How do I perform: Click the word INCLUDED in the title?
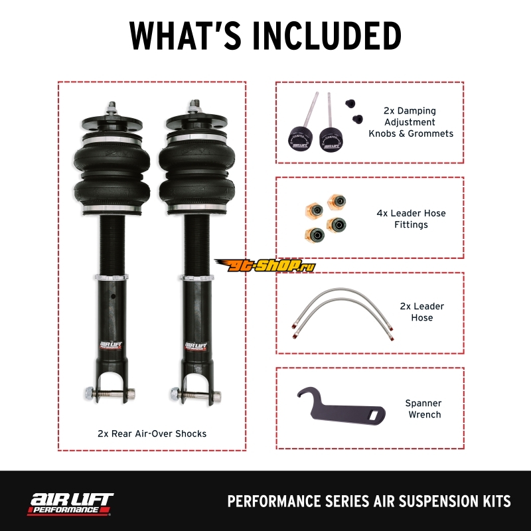(327, 36)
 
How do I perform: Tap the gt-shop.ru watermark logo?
(265, 265)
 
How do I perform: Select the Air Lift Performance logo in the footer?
(70, 504)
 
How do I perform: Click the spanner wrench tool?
(341, 406)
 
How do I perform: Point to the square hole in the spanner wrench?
(374, 415)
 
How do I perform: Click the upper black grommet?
(350, 104)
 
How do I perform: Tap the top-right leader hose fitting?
(337, 202)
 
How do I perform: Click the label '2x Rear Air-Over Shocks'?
(152, 434)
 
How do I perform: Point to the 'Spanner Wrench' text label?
(423, 409)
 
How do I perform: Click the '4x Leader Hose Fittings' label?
(411, 219)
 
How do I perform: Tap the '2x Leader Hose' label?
(422, 312)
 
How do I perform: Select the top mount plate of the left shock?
(112, 121)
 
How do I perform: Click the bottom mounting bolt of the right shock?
(196, 394)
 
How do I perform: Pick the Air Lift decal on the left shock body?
(111, 345)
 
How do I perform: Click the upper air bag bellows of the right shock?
(196, 157)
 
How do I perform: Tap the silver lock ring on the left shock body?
(112, 277)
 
